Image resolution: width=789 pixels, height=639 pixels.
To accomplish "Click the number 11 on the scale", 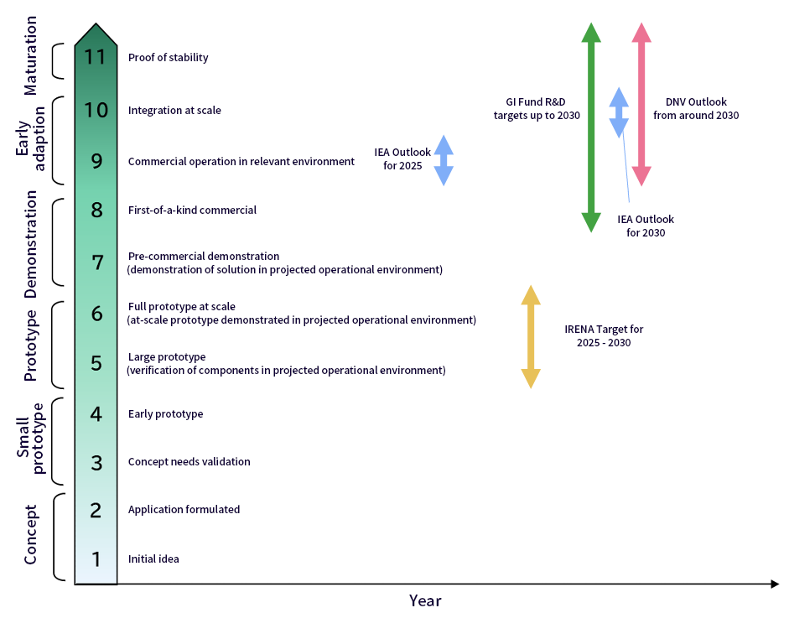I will pos(96,58).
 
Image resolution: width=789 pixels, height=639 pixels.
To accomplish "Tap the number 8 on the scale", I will pos(96,210).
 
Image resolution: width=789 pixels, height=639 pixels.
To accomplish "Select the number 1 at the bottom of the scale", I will pos(96,559).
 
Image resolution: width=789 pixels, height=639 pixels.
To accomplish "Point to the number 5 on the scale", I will pos(96,363).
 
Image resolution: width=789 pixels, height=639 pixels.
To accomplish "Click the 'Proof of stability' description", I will pos(168,58).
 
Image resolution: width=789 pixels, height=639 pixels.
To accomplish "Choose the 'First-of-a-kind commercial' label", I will pos(192,210).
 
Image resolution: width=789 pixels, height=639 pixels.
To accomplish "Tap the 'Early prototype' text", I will pos(165,413).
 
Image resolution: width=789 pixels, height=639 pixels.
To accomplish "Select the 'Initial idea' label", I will pos(153,559).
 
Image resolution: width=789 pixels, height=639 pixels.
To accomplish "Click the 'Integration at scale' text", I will pos(174,110).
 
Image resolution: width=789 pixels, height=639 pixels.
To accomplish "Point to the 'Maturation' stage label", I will pos(30,60).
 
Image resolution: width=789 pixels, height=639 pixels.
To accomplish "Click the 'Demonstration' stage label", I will pos(30,244).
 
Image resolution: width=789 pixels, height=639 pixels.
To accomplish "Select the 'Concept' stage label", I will pos(30,534).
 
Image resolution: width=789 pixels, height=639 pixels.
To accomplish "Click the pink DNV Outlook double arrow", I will pos(641,104).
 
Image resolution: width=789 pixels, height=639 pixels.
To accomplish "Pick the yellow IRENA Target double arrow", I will pos(530,336).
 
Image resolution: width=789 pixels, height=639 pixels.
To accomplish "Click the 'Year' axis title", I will pos(425,600).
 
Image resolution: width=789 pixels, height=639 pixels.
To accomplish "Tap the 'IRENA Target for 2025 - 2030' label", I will pos(604,336).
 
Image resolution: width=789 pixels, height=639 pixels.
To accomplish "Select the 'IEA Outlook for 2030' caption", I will pos(646,226).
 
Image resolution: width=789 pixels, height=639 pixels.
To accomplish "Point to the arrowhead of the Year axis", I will pos(775,584).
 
